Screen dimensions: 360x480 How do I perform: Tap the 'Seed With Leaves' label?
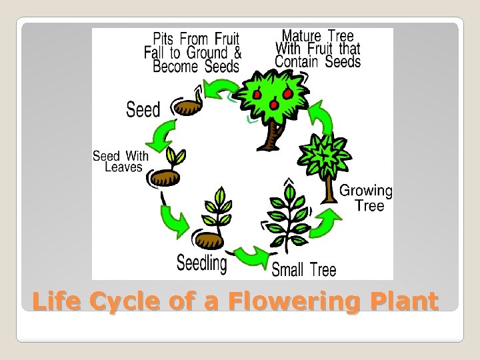121,161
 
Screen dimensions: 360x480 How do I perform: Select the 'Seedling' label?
201,263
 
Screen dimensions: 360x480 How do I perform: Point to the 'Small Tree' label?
304,269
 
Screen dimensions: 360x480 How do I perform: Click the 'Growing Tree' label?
366,198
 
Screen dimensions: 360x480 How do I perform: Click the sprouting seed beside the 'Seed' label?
191,104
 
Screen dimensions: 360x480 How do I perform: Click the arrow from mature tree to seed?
219,89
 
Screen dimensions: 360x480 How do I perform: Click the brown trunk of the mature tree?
271,137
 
